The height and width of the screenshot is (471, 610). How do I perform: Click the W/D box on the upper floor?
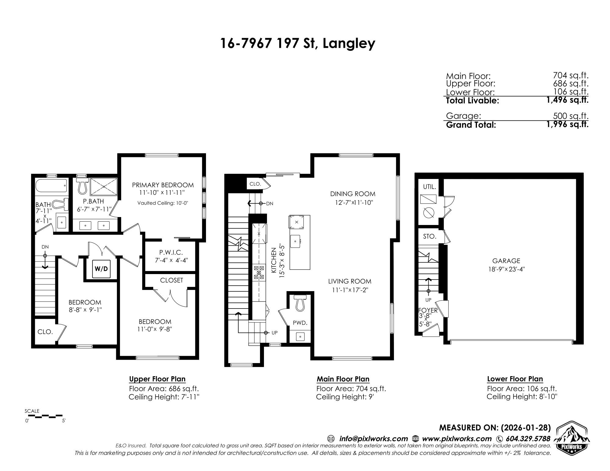(101, 269)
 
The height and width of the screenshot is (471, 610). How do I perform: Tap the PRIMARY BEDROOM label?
(163, 185)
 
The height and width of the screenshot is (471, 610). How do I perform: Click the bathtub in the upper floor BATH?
(51, 185)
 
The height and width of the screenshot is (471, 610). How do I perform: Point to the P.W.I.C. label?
(171, 252)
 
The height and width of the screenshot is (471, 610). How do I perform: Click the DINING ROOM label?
(352, 194)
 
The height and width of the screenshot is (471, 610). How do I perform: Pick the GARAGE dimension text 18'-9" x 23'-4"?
(506, 269)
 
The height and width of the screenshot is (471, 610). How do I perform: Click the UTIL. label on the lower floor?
(429, 187)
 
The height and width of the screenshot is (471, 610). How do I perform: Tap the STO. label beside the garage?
(429, 236)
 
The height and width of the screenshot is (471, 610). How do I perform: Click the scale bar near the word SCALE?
(49, 416)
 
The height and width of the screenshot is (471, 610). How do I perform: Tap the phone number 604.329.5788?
(528, 439)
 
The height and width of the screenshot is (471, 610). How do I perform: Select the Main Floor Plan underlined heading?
(343, 379)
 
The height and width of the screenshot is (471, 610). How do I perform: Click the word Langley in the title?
(349, 43)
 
